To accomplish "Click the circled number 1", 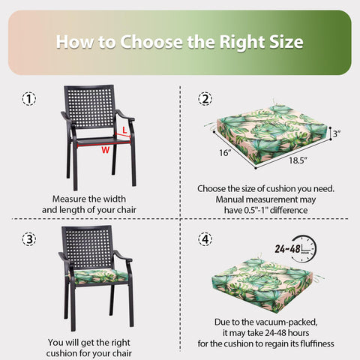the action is click(29, 99).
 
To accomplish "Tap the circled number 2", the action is click(205, 99).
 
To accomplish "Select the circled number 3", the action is click(29, 239).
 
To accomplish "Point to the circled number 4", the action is click(205, 239).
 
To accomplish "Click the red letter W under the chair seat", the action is click(106, 150).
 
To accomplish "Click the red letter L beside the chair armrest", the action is click(124, 130).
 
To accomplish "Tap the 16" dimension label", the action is click(225, 152).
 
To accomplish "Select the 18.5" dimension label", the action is click(298, 160).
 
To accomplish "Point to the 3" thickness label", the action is click(337, 133).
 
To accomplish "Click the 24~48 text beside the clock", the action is click(287, 249).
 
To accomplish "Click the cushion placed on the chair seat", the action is click(99, 277).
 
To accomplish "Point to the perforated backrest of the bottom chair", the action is click(87, 247).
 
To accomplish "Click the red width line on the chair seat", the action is click(103, 144).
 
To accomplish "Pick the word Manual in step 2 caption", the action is click(229, 199).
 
